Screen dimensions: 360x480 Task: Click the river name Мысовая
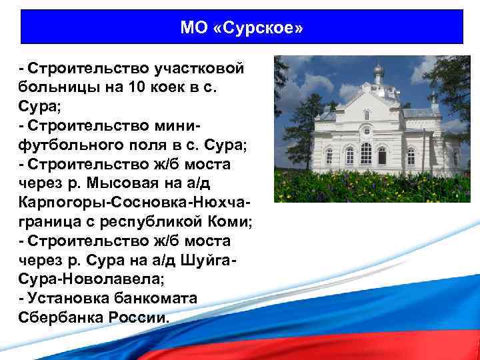pyautogui.click(x=123, y=183)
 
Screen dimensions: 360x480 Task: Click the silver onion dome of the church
pyautogui.click(x=379, y=69)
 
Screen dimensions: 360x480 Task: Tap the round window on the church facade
pyautogui.click(x=366, y=115)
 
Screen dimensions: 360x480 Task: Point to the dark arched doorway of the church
pyautogui.click(x=382, y=155)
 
